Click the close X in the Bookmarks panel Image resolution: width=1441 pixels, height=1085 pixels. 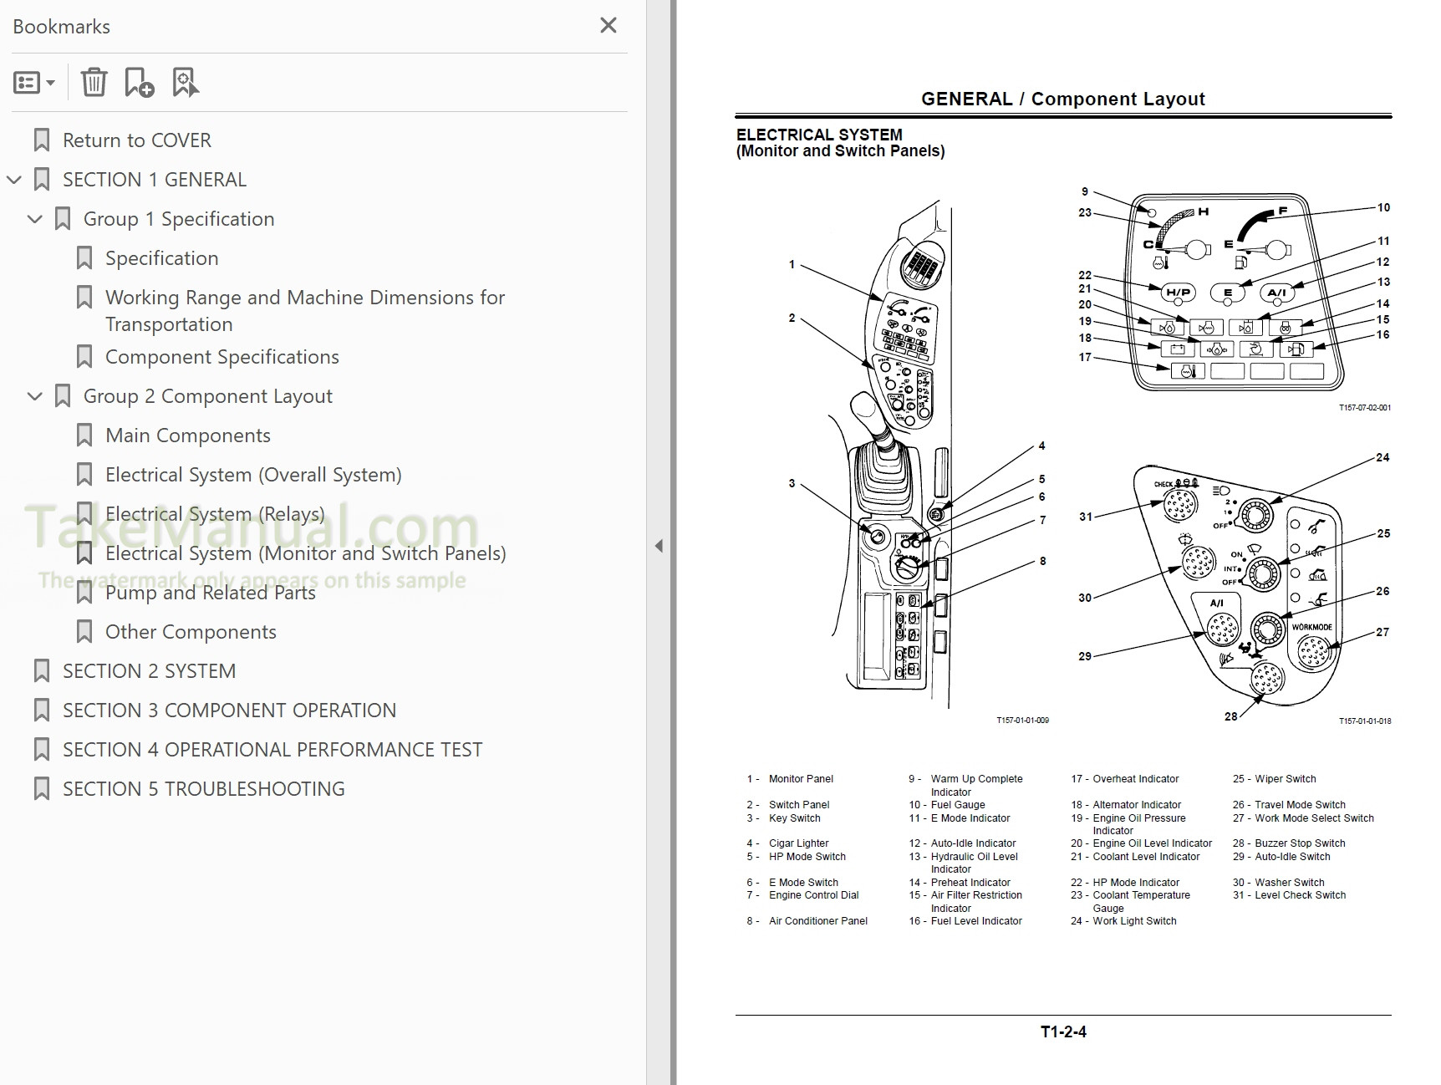click(608, 25)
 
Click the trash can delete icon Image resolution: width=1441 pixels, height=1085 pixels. click(94, 82)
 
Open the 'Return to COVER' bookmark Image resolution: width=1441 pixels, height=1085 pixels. click(136, 140)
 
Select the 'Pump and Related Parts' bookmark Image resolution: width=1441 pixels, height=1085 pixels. click(210, 593)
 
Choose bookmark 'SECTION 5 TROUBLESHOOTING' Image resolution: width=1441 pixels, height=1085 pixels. click(203, 789)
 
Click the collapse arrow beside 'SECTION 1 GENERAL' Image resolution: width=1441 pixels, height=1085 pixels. click(14, 180)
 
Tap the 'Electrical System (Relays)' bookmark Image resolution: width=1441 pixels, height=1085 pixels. click(215, 514)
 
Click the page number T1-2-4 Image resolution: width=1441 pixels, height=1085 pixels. click(1062, 1032)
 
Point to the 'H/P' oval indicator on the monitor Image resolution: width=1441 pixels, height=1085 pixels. click(1178, 293)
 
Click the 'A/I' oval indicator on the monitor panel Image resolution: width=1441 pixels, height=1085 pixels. click(1276, 293)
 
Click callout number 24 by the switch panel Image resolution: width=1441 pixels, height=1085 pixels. click(1382, 457)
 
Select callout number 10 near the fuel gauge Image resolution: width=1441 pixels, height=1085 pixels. click(1383, 207)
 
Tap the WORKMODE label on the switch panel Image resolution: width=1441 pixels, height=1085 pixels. click(1311, 627)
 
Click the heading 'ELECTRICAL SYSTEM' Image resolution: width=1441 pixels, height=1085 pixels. click(818, 135)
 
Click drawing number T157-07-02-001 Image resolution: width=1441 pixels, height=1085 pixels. click(1364, 408)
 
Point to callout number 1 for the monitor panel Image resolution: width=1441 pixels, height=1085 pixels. click(792, 264)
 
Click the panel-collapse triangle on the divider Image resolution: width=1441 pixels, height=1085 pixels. click(659, 546)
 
